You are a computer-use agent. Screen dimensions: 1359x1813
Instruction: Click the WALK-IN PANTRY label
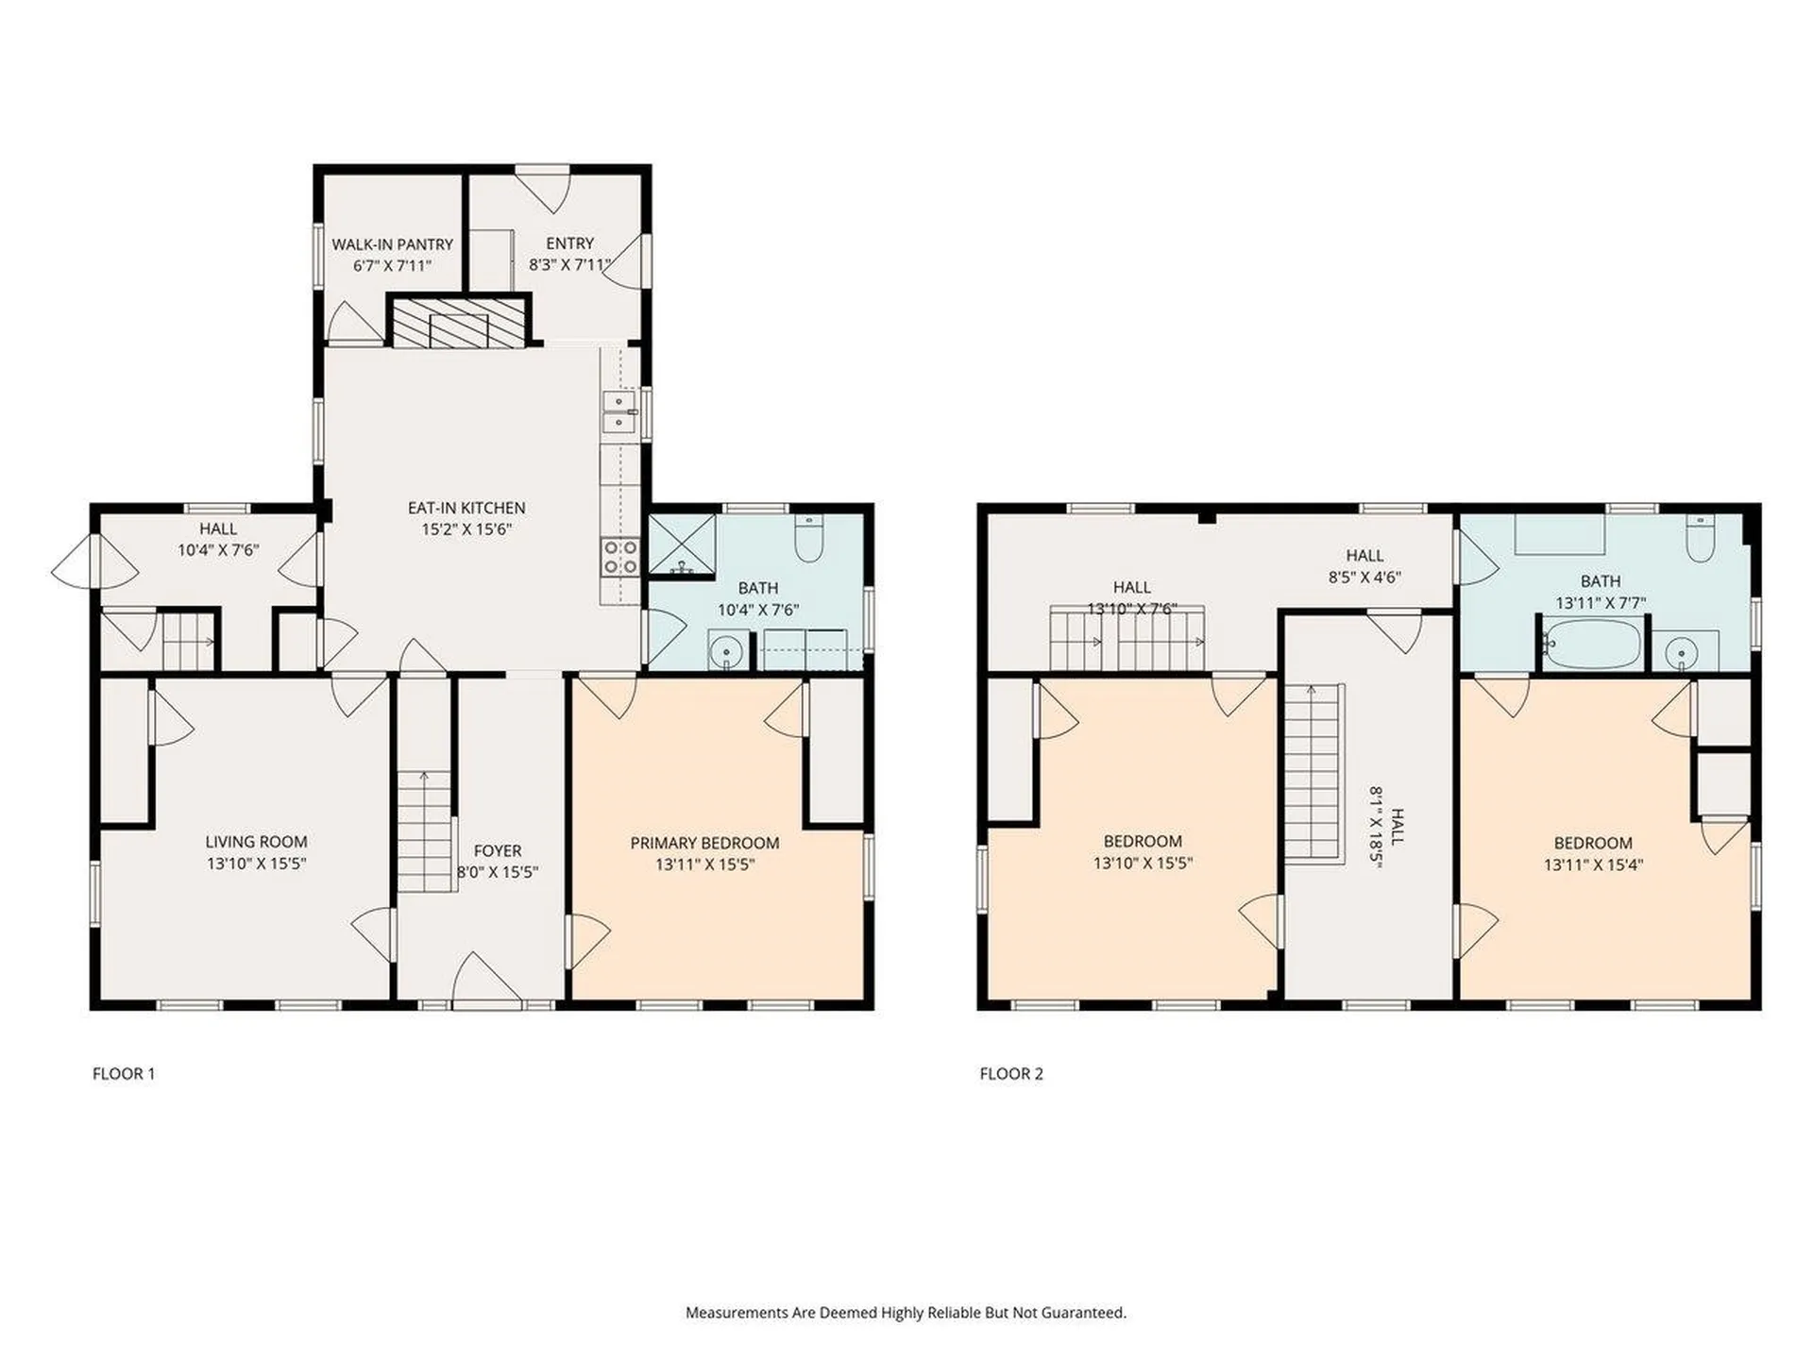coord(392,244)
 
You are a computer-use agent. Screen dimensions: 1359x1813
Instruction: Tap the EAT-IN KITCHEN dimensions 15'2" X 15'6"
coord(466,529)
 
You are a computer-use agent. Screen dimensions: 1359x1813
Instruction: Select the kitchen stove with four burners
coord(620,557)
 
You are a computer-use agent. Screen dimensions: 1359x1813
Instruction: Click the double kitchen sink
coord(618,413)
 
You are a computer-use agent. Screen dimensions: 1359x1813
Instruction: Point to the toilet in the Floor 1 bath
coord(808,540)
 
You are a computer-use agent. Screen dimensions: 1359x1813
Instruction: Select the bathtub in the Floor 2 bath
coord(1591,645)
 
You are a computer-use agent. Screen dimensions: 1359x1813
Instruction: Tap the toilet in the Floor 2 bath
coord(1700,539)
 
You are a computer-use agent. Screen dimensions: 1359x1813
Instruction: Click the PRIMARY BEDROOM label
coord(704,843)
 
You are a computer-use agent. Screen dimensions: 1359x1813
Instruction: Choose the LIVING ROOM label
coord(256,842)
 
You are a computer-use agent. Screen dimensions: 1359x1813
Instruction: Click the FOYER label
coord(498,850)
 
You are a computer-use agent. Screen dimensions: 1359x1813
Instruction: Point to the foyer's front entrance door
coord(486,981)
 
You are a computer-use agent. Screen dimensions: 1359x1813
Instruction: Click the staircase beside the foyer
coord(425,830)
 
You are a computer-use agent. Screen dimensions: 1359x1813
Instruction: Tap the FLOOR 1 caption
coord(124,1073)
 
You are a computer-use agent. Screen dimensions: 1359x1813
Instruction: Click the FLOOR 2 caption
coord(1011,1073)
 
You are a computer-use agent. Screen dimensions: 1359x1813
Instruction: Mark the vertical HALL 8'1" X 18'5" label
coord(1387,826)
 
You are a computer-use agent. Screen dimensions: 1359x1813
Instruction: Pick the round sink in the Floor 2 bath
coord(1682,651)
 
